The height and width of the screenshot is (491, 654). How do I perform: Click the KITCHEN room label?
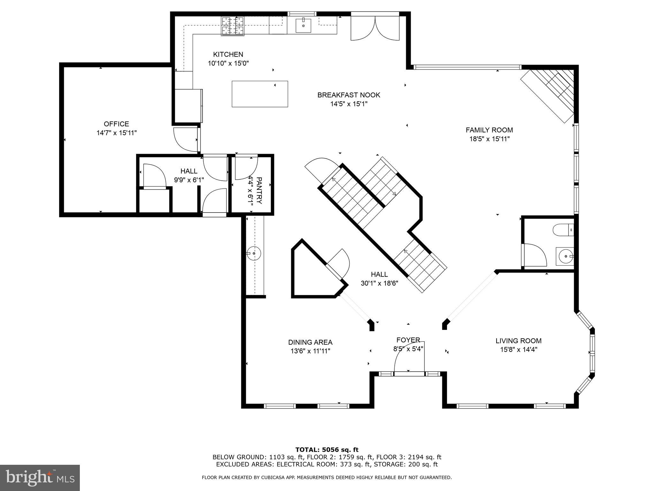click(228, 54)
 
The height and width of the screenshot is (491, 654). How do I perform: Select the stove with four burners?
click(233, 26)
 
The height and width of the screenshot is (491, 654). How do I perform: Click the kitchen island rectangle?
click(260, 94)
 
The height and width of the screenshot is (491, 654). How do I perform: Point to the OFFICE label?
click(116, 124)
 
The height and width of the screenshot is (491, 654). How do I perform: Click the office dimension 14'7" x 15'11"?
click(117, 133)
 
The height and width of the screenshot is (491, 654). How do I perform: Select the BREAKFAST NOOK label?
click(349, 95)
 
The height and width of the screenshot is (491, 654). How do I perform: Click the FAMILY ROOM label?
click(489, 130)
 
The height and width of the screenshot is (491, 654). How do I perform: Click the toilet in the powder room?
click(563, 230)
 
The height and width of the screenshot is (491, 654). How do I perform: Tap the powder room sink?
click(565, 256)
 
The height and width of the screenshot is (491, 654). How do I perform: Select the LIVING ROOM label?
click(518, 341)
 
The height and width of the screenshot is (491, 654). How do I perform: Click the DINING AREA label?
click(310, 342)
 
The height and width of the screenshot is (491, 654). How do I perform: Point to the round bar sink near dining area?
click(254, 253)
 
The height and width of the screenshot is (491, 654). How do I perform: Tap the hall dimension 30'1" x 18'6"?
click(379, 283)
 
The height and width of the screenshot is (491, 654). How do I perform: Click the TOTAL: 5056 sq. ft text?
click(327, 450)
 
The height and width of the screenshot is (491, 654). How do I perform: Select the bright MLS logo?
click(40, 478)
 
